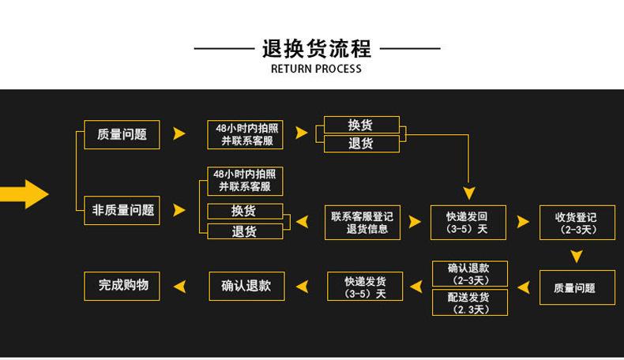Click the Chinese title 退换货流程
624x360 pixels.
pyautogui.click(x=316, y=48)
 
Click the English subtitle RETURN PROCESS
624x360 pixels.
pyautogui.click(x=316, y=69)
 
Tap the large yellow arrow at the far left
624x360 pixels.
pyautogui.click(x=27, y=193)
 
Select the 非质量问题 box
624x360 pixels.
pyautogui.click(x=122, y=211)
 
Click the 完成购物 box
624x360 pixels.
pyautogui.click(x=122, y=286)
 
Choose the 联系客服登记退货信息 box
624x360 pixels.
pyautogui.click(x=362, y=223)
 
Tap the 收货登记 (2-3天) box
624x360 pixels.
pyautogui.click(x=577, y=223)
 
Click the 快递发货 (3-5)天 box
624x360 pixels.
pyautogui.click(x=365, y=287)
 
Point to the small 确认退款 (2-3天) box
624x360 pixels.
pyautogui.click(x=469, y=274)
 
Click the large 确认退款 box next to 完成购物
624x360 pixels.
pyautogui.click(x=246, y=286)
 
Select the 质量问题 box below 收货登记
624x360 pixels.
pyautogui.click(x=577, y=288)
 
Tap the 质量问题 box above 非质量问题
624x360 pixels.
pyautogui.click(x=122, y=134)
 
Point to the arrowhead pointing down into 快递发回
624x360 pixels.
pyautogui.click(x=469, y=193)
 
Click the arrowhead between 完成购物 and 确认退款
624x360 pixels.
pyautogui.click(x=180, y=286)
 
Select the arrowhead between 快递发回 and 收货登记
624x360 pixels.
pyautogui.click(x=523, y=223)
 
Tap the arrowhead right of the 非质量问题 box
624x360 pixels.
pyautogui.click(x=179, y=211)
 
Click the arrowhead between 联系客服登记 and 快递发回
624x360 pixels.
pyautogui.click(x=415, y=223)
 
